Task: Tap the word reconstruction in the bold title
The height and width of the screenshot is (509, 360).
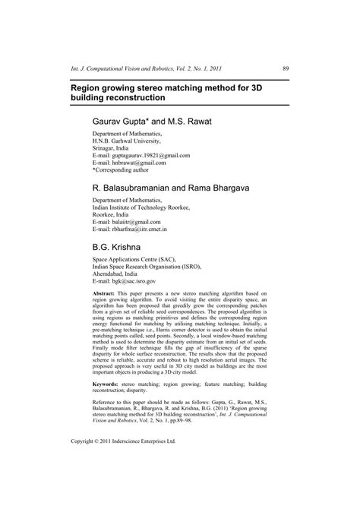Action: click(x=128, y=100)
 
